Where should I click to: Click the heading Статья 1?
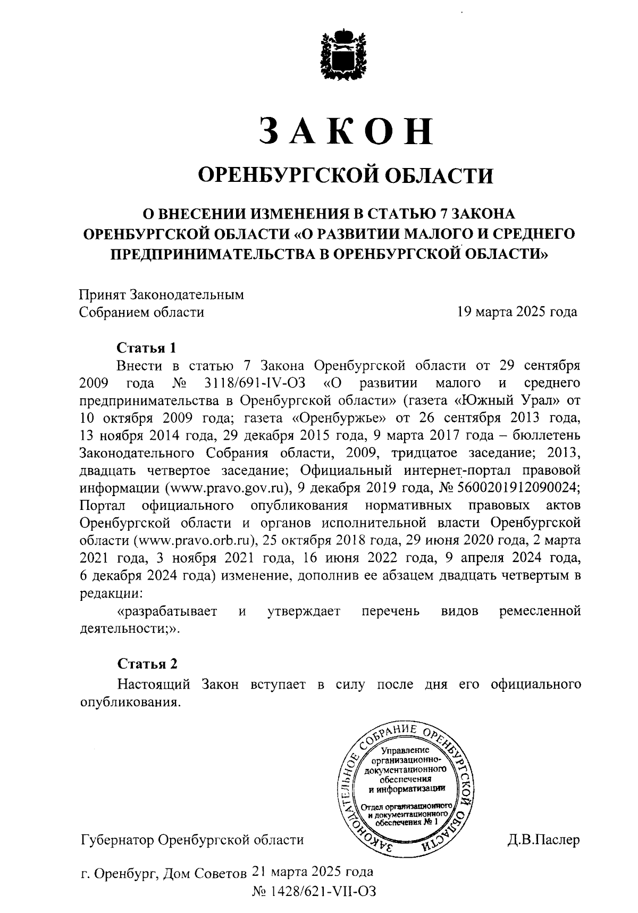click(146, 348)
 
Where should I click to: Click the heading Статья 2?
click(147, 664)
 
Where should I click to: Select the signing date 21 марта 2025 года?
click(312, 872)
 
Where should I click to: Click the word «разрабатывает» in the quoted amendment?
click(167, 612)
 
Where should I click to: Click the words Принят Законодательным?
click(162, 295)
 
